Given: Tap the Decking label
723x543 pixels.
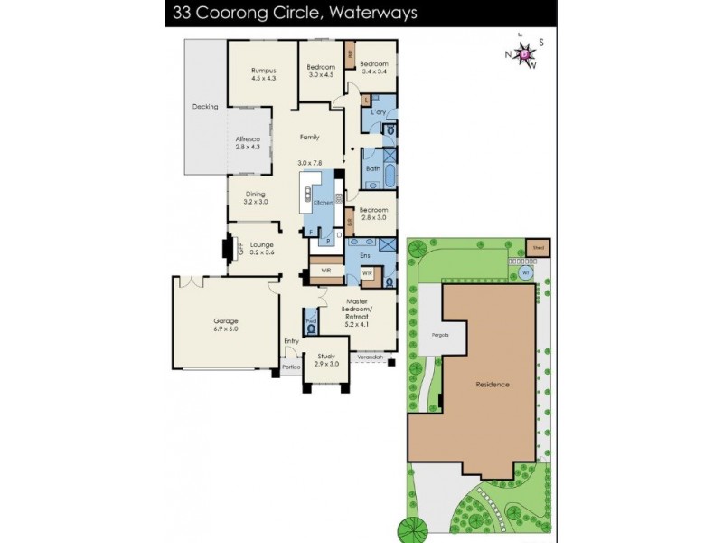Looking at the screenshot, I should tap(205, 107).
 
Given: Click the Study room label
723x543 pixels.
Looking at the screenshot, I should tap(326, 358).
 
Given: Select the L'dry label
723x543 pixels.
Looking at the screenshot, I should tap(379, 111).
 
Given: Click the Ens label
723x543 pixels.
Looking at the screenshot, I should tap(365, 256).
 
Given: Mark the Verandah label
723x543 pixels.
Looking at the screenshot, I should tap(371, 359).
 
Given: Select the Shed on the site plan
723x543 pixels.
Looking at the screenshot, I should tap(539, 245).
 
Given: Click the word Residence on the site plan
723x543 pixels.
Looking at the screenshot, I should tap(493, 385).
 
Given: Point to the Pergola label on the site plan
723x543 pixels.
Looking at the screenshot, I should tap(427, 336).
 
